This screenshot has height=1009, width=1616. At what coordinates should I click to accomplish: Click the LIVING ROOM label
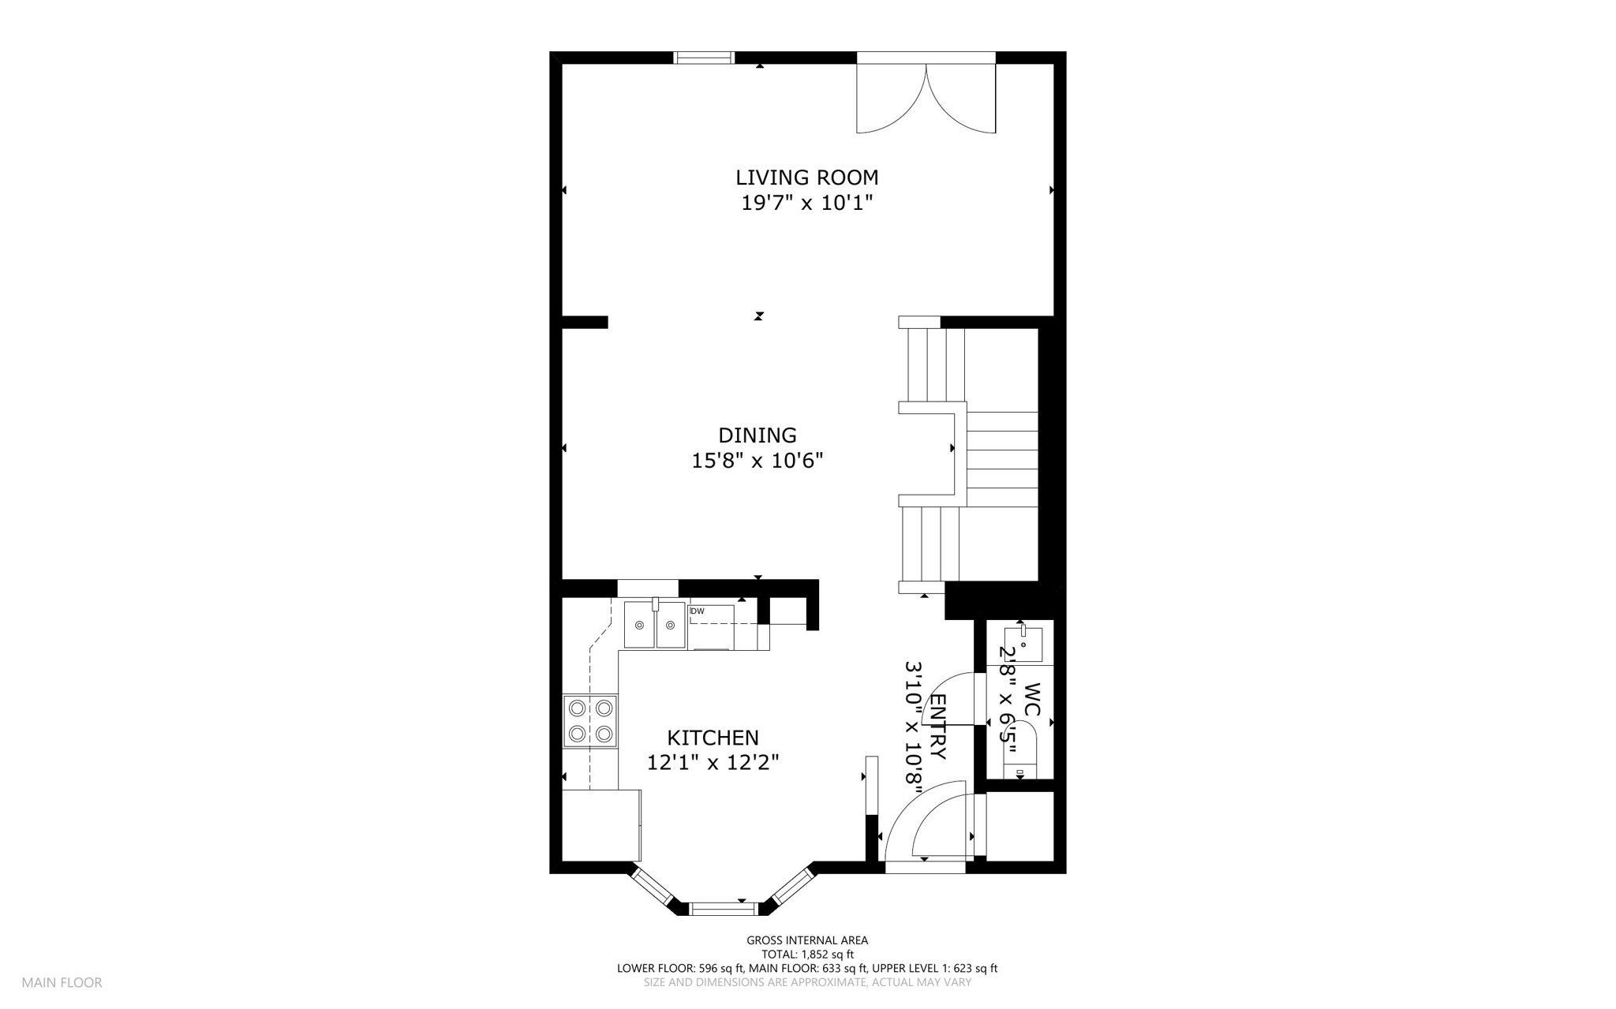click(x=806, y=178)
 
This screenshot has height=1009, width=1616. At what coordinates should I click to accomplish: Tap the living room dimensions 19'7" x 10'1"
click(x=806, y=204)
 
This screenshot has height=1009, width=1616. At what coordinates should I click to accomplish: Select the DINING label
click(x=757, y=435)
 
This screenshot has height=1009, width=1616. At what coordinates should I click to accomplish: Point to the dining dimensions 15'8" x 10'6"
click(x=757, y=461)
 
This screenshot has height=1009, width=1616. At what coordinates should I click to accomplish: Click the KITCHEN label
click(x=713, y=738)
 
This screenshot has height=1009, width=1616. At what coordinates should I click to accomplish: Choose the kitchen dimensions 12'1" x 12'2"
click(x=713, y=763)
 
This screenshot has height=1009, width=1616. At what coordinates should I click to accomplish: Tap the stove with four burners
click(x=590, y=721)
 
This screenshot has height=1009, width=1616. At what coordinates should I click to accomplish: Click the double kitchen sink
click(x=655, y=624)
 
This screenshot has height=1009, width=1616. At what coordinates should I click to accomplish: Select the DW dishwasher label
click(x=698, y=611)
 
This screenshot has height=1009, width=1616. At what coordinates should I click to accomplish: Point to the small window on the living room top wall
click(x=705, y=58)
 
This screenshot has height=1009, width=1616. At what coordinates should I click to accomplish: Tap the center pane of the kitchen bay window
click(x=724, y=909)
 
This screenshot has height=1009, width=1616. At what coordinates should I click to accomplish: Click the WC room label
click(x=1032, y=700)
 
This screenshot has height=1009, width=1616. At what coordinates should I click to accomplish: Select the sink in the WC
click(x=1023, y=644)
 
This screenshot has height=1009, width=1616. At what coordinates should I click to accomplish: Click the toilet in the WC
click(x=1020, y=757)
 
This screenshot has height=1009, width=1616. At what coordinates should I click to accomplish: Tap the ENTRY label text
click(x=937, y=727)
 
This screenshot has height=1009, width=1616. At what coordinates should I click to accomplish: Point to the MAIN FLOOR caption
click(x=62, y=983)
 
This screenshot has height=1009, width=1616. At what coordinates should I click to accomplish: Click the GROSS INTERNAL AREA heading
click(x=807, y=940)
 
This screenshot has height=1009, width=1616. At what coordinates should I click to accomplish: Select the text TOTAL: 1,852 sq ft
click(x=807, y=955)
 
